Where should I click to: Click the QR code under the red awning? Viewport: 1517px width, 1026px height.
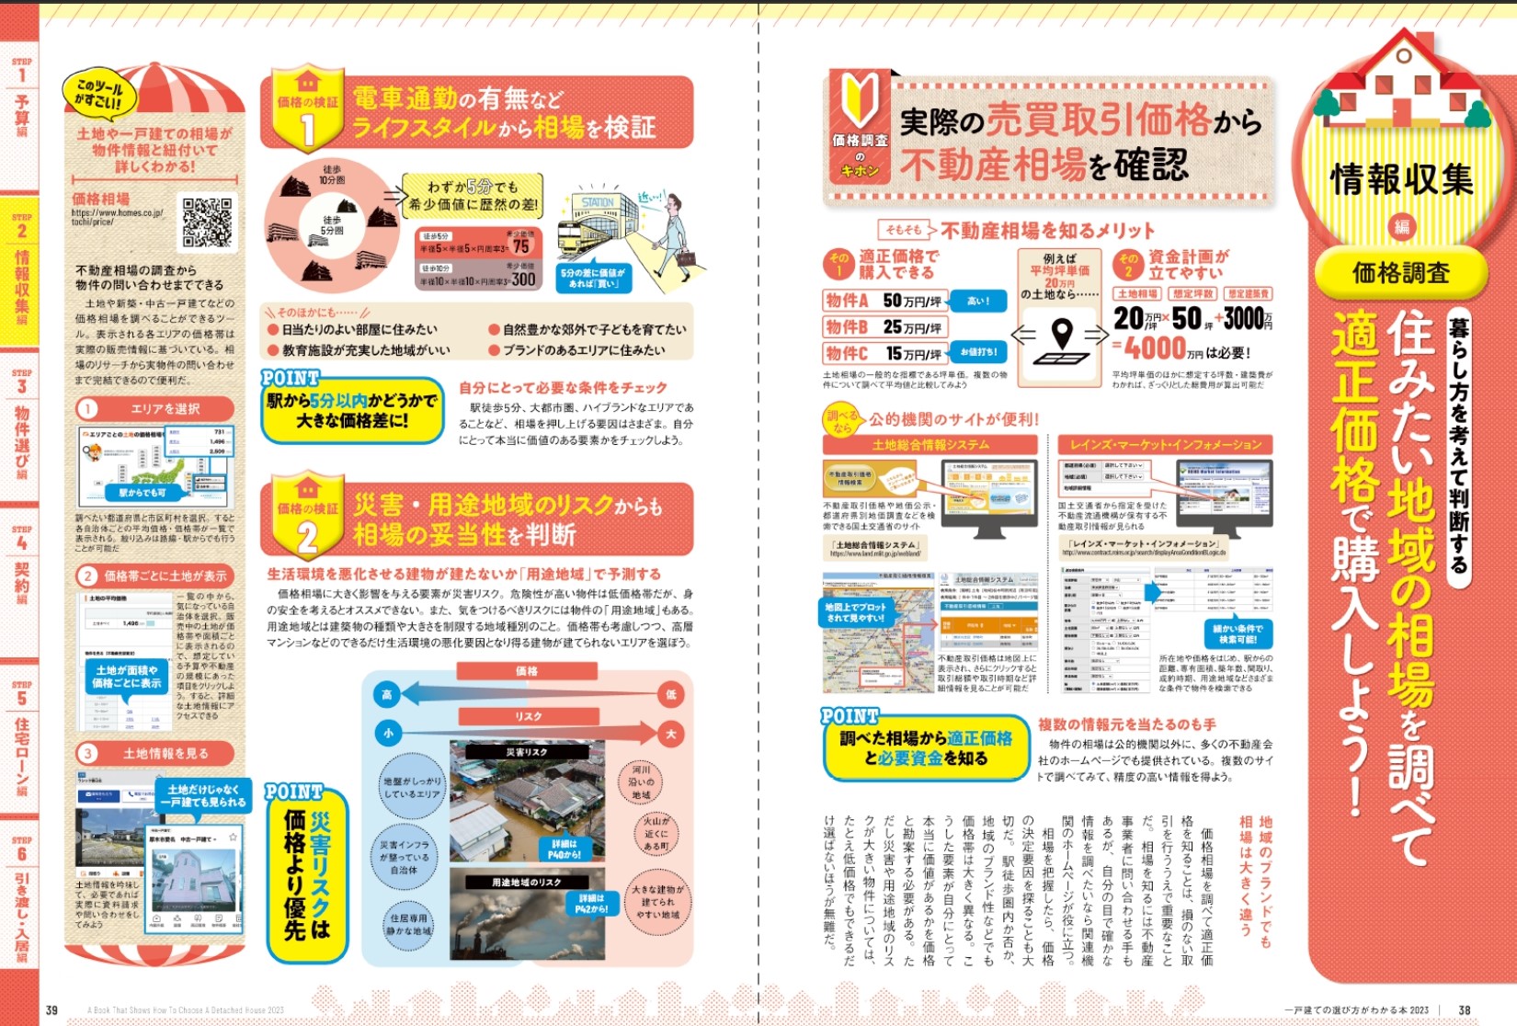coord(207,222)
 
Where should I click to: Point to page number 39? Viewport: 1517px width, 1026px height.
coord(51,1009)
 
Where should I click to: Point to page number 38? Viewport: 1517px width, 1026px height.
coord(1464,1009)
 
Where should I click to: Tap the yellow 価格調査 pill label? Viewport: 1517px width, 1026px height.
coord(1400,273)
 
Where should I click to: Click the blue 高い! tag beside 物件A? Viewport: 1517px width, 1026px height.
coord(977,301)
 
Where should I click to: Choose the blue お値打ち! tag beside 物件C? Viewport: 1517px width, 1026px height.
coord(977,352)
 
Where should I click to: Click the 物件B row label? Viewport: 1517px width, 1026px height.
coord(847,326)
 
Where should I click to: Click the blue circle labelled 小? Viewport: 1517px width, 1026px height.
coord(388,733)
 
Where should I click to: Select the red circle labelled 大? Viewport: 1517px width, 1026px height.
coord(671,734)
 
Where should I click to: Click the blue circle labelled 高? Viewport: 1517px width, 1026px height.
coord(387,694)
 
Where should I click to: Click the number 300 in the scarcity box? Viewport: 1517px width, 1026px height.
coord(523,279)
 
